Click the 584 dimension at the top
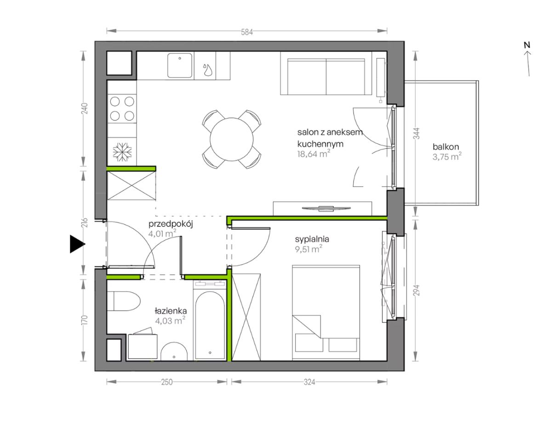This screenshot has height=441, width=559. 247,32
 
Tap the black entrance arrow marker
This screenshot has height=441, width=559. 77,244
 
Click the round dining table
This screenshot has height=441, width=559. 231,139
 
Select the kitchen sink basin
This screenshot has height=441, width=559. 180,65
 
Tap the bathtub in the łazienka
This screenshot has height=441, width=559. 210,324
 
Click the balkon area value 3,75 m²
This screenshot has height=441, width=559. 447,157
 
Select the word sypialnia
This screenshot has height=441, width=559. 312,239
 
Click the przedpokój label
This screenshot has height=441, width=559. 171,224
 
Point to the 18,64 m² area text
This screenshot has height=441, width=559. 314,154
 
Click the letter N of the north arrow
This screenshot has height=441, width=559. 527,45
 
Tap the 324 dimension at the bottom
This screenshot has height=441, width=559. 309,382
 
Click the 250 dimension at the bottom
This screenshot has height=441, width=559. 167,382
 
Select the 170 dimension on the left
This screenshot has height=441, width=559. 85,320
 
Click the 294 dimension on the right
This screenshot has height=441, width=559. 416,290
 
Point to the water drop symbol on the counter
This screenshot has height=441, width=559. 207,69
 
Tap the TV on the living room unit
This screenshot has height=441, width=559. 326,208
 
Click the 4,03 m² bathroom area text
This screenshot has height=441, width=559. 170,321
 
